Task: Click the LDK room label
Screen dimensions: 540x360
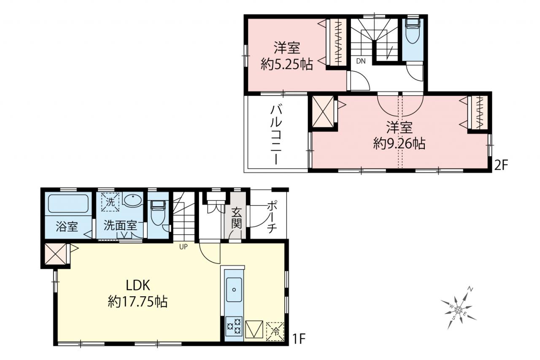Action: click(x=138, y=285)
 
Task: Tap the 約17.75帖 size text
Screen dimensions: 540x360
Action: click(x=138, y=302)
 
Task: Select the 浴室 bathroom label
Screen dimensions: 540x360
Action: click(x=67, y=226)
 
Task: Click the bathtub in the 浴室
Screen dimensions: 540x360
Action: click(x=68, y=204)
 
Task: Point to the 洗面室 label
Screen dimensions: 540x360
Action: click(x=120, y=226)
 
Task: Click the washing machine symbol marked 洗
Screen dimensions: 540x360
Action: click(x=111, y=202)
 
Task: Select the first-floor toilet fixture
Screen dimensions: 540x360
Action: click(x=158, y=212)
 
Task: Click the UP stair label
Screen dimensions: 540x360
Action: click(x=183, y=246)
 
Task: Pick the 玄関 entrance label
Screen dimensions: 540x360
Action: click(x=237, y=218)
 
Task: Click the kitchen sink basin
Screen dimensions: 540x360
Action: click(x=234, y=290)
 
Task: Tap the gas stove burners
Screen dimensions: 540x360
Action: click(x=234, y=326)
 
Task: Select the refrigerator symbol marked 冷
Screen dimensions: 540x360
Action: click(x=275, y=332)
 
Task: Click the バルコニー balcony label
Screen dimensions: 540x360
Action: click(x=276, y=135)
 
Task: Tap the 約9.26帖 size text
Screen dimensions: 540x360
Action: click(x=399, y=143)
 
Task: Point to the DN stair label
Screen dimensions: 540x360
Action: click(x=361, y=61)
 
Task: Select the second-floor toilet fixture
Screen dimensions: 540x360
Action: click(x=413, y=31)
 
